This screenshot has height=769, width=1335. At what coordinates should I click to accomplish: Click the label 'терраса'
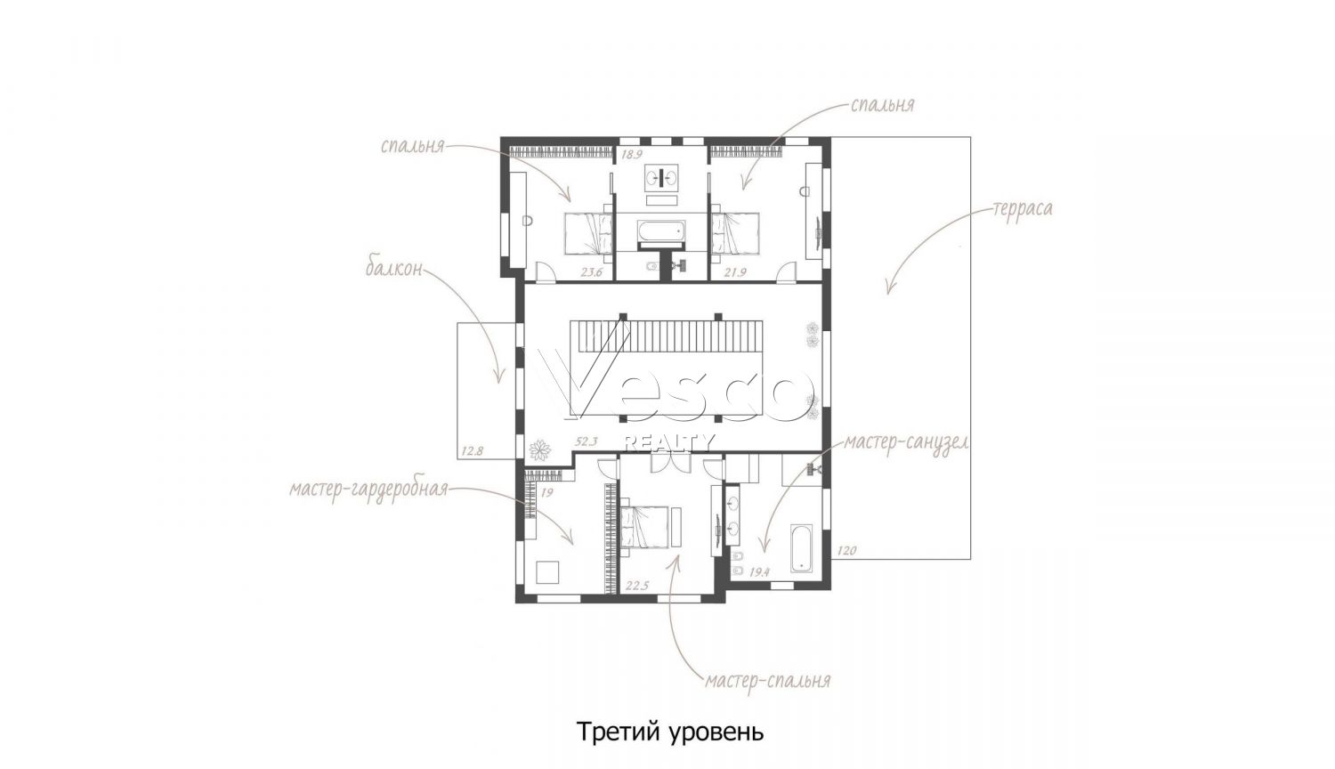tap(1022, 208)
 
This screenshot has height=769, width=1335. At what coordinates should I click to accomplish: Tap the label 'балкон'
tap(394, 269)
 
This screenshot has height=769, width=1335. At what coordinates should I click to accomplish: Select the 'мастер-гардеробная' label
tap(368, 490)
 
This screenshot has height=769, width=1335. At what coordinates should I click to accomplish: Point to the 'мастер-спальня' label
tap(767, 680)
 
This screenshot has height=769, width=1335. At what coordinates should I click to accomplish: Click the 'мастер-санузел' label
tap(907, 443)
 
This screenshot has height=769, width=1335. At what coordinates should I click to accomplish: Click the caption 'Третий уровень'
tap(670, 732)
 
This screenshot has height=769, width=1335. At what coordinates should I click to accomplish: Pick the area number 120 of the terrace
tap(846, 550)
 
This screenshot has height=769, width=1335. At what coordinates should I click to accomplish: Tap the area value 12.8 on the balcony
tap(472, 451)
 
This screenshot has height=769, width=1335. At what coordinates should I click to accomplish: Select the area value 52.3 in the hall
tap(586, 441)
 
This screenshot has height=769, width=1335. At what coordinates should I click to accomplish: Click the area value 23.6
tap(593, 272)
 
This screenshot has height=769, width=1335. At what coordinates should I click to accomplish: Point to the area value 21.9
tap(735, 272)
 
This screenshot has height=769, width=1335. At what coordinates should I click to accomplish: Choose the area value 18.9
tap(632, 154)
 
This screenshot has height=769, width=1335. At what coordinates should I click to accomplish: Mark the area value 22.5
tap(636, 586)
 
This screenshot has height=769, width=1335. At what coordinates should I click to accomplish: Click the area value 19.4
tap(759, 572)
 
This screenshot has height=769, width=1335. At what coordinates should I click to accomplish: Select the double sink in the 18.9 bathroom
tap(661, 176)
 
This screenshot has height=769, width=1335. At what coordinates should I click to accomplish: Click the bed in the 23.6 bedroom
tap(588, 234)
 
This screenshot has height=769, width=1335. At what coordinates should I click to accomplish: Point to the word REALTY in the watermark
tap(668, 442)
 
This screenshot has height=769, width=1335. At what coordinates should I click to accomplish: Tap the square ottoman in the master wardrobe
tap(547, 572)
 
